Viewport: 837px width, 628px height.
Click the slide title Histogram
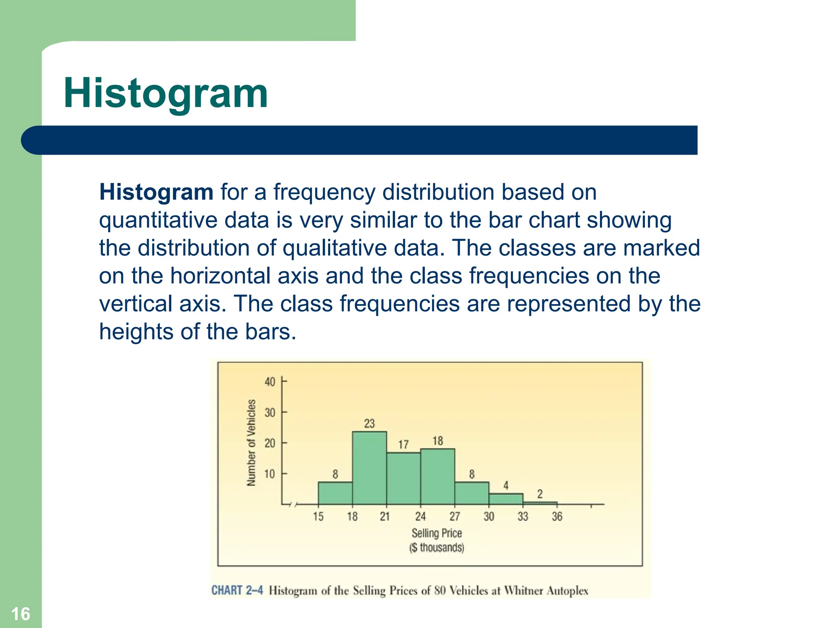click(x=166, y=94)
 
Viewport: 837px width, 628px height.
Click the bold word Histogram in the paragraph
click(x=156, y=192)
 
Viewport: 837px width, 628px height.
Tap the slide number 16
click(x=20, y=614)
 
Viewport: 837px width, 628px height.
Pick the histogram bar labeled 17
click(x=403, y=478)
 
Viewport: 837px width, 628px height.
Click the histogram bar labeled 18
click(x=437, y=477)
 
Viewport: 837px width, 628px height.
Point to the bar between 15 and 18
click(x=335, y=493)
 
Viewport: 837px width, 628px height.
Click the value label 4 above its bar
click(x=506, y=485)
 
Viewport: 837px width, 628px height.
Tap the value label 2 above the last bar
click(x=540, y=494)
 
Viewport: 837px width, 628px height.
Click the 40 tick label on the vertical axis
click(x=270, y=382)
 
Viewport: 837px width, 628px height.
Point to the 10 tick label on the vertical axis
click(x=270, y=474)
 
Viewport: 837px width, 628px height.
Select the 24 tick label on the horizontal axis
click(x=420, y=516)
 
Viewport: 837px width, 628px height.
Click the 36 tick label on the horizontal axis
click(x=557, y=516)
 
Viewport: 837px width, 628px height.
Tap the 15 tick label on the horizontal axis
click(x=318, y=516)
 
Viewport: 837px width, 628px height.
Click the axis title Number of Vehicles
click(x=251, y=443)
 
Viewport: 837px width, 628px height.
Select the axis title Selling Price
click(x=436, y=533)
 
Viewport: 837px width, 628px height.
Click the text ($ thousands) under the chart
click(x=436, y=547)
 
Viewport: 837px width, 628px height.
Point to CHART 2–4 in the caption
click(x=237, y=590)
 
